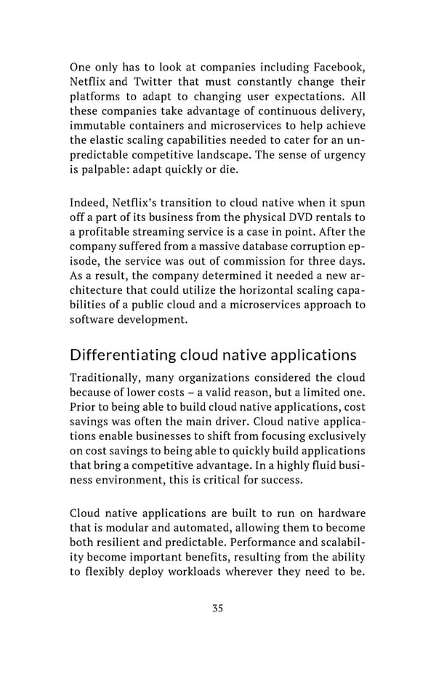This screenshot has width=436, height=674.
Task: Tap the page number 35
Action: click(217, 629)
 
